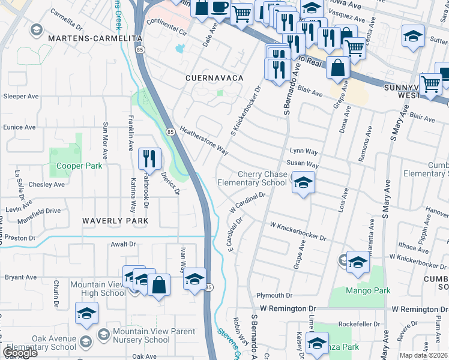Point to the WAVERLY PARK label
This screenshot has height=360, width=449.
[115, 221]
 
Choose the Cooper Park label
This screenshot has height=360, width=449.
[76, 166]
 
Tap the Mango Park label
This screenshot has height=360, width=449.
[368, 290]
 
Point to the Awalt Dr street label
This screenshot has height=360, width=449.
[124, 244]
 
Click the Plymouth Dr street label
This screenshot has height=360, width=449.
[274, 296]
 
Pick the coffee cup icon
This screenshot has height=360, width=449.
[219, 8]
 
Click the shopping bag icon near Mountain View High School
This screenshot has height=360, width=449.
[159, 286]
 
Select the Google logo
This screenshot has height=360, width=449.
[20, 353]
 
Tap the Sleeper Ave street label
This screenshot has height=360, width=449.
[21, 96]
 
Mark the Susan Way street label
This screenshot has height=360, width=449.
[303, 163]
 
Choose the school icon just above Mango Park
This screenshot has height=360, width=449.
[358, 263]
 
